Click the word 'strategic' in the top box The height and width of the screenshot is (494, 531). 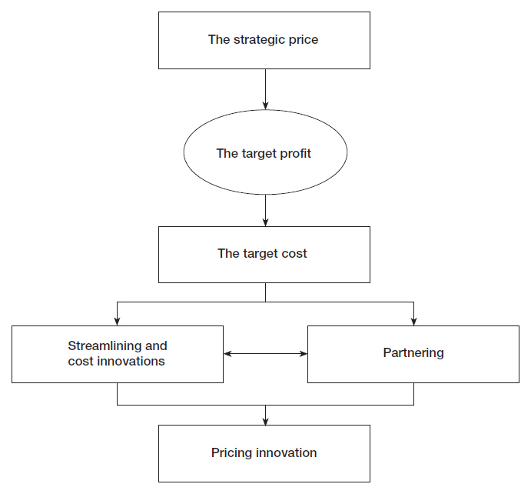point(254,40)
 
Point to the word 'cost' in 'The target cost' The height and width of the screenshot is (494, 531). point(293,254)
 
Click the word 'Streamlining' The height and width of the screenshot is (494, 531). point(105,346)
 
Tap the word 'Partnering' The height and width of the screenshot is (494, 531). point(413,353)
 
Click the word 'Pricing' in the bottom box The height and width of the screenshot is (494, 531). point(231,453)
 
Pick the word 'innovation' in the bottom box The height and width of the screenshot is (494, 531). point(286,453)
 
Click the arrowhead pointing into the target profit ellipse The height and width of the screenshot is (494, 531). point(266,105)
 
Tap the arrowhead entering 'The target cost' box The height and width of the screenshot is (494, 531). point(266,222)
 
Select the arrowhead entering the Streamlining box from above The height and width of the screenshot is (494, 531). point(117,322)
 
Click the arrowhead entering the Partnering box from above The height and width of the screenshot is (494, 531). point(414,322)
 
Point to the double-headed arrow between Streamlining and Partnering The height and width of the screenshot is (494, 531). point(266,354)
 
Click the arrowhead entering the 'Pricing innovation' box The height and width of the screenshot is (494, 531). point(266,421)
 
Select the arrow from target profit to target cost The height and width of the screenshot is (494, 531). point(266,211)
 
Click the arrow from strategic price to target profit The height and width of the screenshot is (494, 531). point(266,89)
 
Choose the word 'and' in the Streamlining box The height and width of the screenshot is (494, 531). point(156,346)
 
